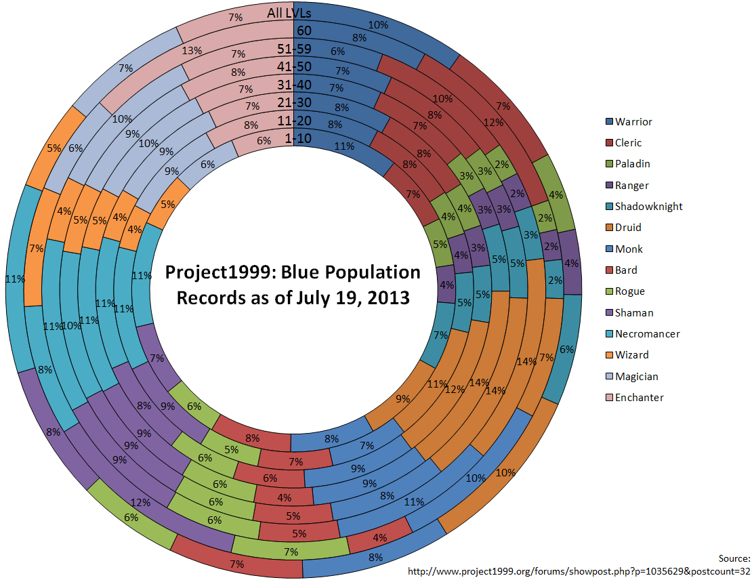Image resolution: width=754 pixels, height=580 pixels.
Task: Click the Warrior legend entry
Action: [x=633, y=122]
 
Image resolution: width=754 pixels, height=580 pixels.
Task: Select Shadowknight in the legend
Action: [x=648, y=207]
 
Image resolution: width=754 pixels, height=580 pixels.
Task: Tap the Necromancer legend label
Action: [x=647, y=334]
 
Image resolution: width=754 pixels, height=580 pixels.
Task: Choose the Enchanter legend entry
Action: [x=639, y=398]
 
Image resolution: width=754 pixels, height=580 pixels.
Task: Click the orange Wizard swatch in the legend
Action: [x=608, y=355]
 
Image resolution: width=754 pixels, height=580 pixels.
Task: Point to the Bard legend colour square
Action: [x=608, y=270]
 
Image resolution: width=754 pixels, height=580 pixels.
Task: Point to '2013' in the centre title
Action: [x=389, y=297]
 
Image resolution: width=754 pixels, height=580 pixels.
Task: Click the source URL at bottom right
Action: [x=579, y=571]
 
